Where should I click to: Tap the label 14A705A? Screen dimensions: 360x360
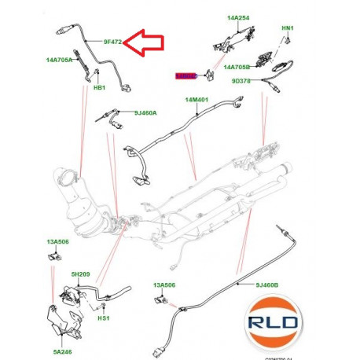59,60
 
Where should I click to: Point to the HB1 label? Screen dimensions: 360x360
100,88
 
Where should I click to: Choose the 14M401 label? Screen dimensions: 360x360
198,101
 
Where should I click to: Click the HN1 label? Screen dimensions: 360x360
287,29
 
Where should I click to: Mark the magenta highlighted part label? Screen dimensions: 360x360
186,75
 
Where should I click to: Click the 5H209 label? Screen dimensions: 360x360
81,274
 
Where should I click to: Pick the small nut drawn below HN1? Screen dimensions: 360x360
287,43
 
